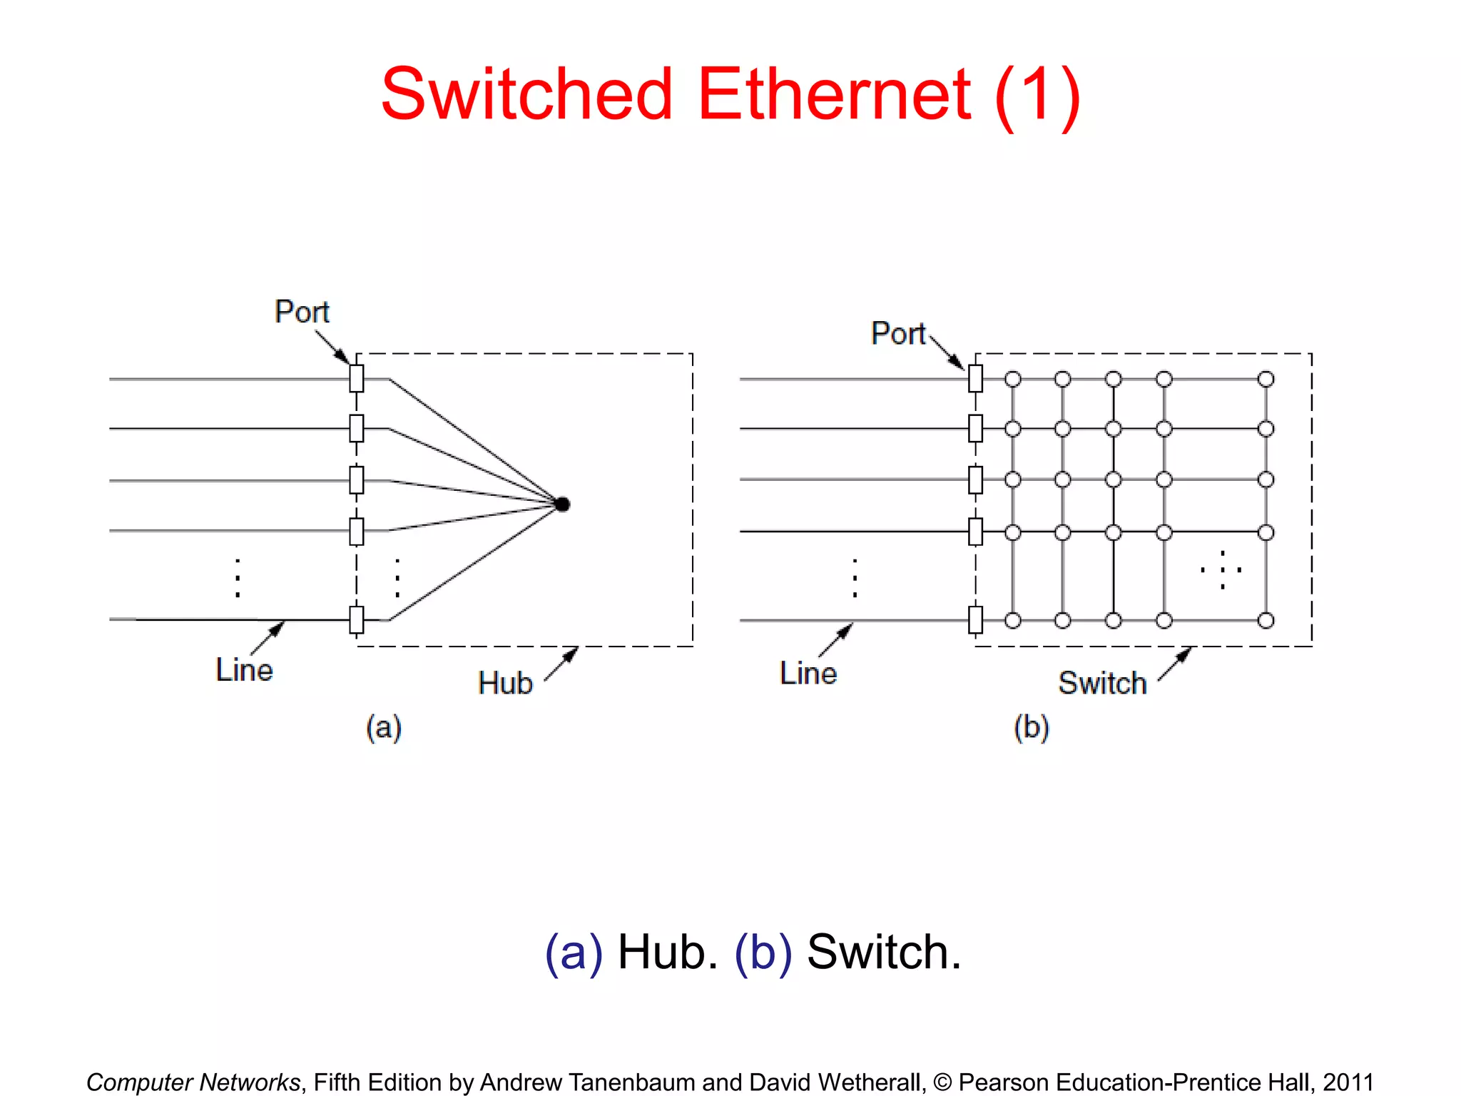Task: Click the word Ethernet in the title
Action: coord(833,95)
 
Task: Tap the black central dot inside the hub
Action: coord(562,504)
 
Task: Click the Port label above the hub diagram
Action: coord(302,312)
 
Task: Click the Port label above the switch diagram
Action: coord(897,333)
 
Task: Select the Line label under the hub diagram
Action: coord(244,670)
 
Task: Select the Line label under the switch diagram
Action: coord(808,673)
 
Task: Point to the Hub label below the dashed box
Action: coord(505,683)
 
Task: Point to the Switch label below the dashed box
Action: coord(1101,683)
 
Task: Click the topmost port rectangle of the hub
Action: coord(357,378)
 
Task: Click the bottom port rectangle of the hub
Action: coord(357,619)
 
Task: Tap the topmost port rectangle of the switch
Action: coord(975,378)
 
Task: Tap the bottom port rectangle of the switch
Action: coord(975,619)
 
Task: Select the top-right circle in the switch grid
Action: coord(1266,379)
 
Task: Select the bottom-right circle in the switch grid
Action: coord(1266,620)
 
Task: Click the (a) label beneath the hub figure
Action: coord(384,728)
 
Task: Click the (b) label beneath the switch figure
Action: coord(1031,728)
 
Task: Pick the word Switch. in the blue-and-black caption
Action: coord(883,952)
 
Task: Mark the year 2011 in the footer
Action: coord(1348,1082)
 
